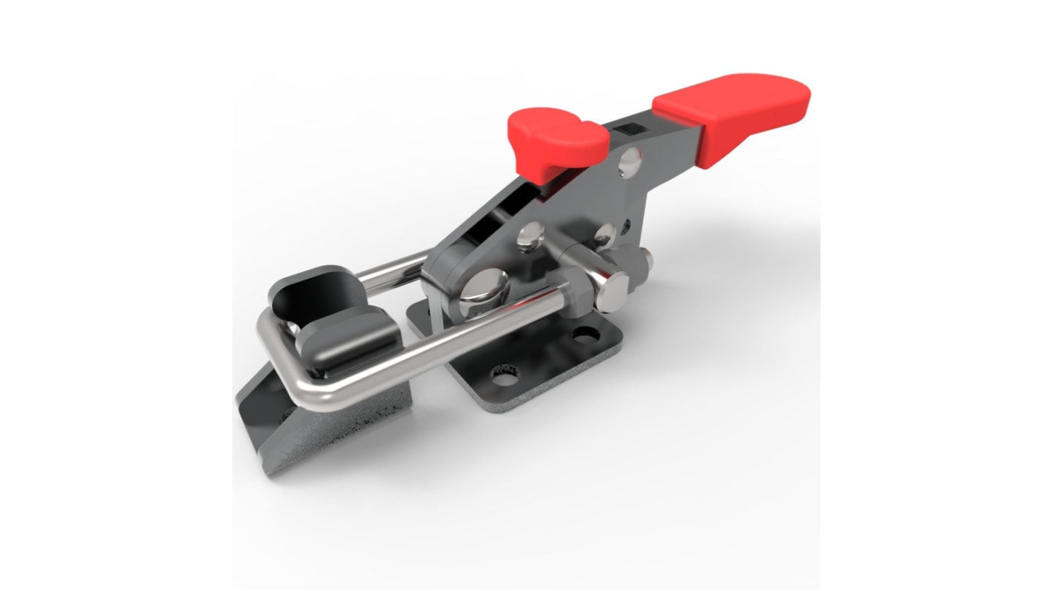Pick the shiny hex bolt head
[613, 291]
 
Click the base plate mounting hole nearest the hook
[505, 376]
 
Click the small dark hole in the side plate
[627, 222]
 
